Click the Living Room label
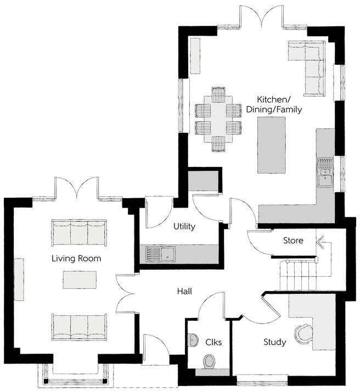[x=76, y=258]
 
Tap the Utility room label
[x=184, y=226]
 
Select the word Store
[x=293, y=241]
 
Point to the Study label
[x=274, y=342]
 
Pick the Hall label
[x=184, y=291]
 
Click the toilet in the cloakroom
[x=209, y=362]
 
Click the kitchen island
[x=273, y=144]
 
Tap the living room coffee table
[x=80, y=280]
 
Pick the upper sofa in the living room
[x=79, y=232]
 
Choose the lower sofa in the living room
[x=79, y=326]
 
